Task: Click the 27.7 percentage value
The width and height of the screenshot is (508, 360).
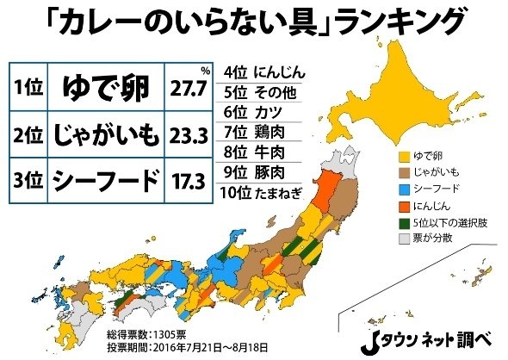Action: point(191,90)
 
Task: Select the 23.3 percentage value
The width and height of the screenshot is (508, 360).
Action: point(191,134)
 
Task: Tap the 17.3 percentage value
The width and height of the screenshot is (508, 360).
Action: point(191,180)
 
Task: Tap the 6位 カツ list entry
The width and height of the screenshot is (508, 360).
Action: point(255,112)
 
